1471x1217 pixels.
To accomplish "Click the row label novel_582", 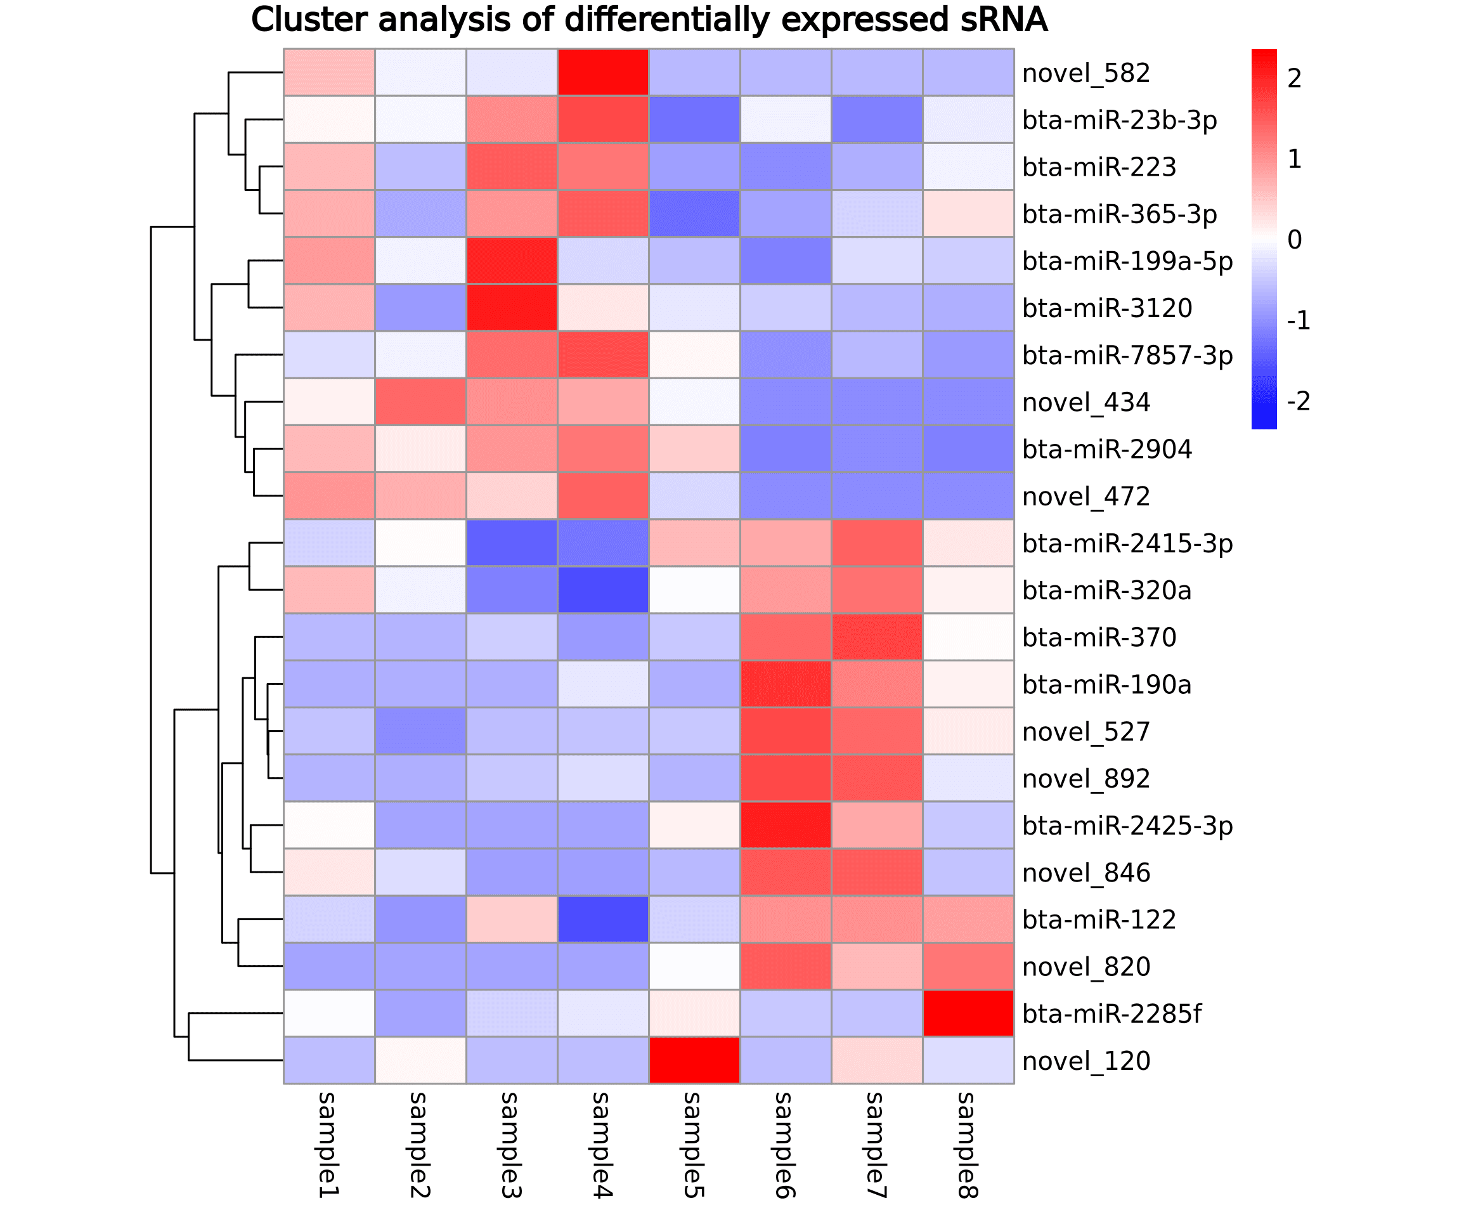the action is [x=1085, y=73].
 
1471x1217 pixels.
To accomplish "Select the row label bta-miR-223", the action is [x=1099, y=167].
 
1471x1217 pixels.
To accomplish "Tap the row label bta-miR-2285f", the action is [x=1111, y=1014].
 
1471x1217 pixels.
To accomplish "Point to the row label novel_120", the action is [x=1085, y=1061].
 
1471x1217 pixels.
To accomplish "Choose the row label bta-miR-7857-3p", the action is [x=1127, y=355].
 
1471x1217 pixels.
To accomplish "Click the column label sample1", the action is [x=328, y=1145].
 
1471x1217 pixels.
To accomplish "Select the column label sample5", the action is [x=694, y=1145].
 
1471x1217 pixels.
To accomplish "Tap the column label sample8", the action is [x=968, y=1145].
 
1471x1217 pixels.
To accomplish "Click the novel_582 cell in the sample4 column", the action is [x=603, y=72].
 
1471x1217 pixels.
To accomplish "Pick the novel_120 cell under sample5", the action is [x=694, y=1060].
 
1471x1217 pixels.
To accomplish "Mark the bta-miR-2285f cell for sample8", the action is [x=968, y=1013].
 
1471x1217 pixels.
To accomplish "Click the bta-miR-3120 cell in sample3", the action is [x=511, y=308].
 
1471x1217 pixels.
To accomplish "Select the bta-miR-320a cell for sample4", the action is [x=603, y=590].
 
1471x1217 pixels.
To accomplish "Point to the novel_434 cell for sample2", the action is [x=420, y=401].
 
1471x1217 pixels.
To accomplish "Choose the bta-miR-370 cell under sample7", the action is [x=877, y=637].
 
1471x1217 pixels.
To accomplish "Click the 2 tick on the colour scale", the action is [x=1295, y=79].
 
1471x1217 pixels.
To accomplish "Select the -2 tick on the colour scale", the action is [x=1298, y=401].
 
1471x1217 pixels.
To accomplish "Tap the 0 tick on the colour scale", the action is [x=1295, y=240].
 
